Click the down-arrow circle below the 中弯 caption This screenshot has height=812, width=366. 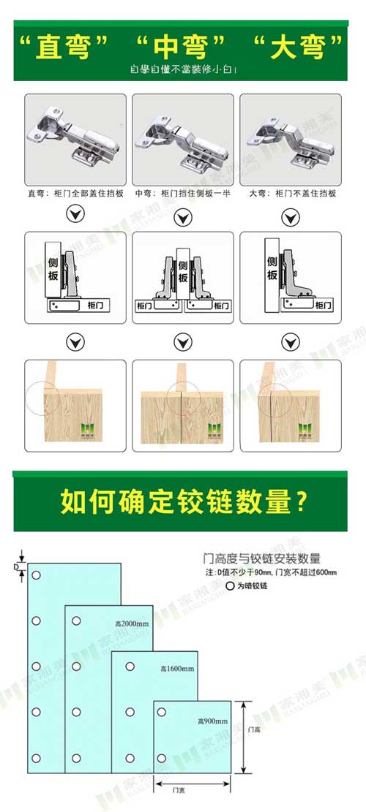(183, 217)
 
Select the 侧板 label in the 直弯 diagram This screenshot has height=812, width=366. (53, 268)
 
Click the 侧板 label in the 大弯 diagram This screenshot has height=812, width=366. (272, 268)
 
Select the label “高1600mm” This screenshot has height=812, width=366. (176, 669)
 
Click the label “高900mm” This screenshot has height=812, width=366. (212, 721)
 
